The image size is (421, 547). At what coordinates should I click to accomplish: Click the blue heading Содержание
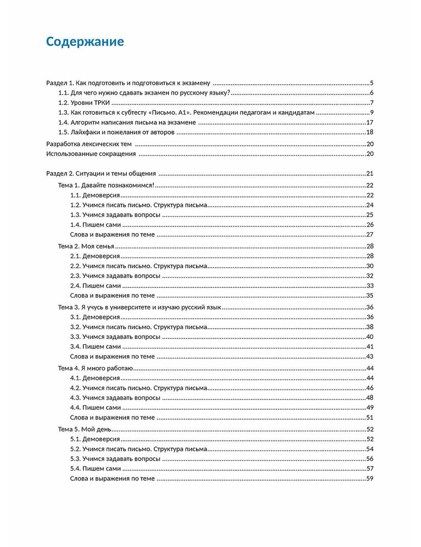85,42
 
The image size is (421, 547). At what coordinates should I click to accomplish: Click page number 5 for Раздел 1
372,83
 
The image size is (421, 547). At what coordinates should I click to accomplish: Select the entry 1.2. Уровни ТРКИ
84,103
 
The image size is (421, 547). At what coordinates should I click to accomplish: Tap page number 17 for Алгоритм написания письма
370,122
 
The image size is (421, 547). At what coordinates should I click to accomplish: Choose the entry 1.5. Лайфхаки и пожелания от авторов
116,132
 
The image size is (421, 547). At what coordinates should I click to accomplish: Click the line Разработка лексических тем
89,144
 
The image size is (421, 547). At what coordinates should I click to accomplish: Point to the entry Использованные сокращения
91,154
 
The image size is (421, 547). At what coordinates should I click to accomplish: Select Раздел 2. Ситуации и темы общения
101,173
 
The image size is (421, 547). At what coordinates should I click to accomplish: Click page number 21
370,173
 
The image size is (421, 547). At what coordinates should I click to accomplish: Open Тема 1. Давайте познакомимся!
106,185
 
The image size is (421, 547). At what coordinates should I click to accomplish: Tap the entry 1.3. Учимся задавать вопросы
115,215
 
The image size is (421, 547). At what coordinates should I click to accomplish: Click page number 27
370,234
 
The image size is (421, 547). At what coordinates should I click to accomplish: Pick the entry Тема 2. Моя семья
86,246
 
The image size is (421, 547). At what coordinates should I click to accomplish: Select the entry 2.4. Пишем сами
95,286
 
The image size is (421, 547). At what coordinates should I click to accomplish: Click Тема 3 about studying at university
139,307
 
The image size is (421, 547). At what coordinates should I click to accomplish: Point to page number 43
370,356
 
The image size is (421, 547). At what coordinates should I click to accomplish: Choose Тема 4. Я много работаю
96,368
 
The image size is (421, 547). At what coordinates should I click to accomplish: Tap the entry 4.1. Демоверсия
95,378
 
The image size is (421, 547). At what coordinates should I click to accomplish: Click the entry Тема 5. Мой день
85,429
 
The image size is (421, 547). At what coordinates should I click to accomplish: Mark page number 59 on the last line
370,478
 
